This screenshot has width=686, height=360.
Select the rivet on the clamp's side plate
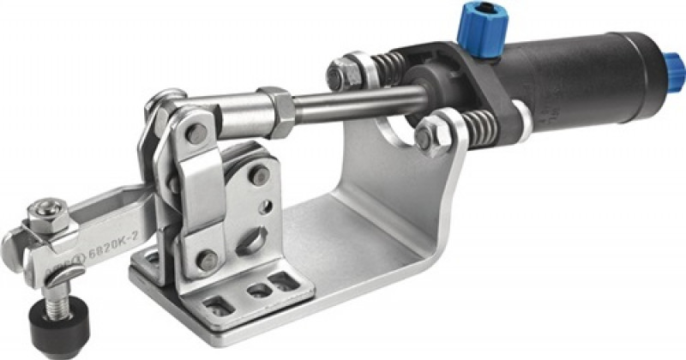[x=256, y=177]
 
